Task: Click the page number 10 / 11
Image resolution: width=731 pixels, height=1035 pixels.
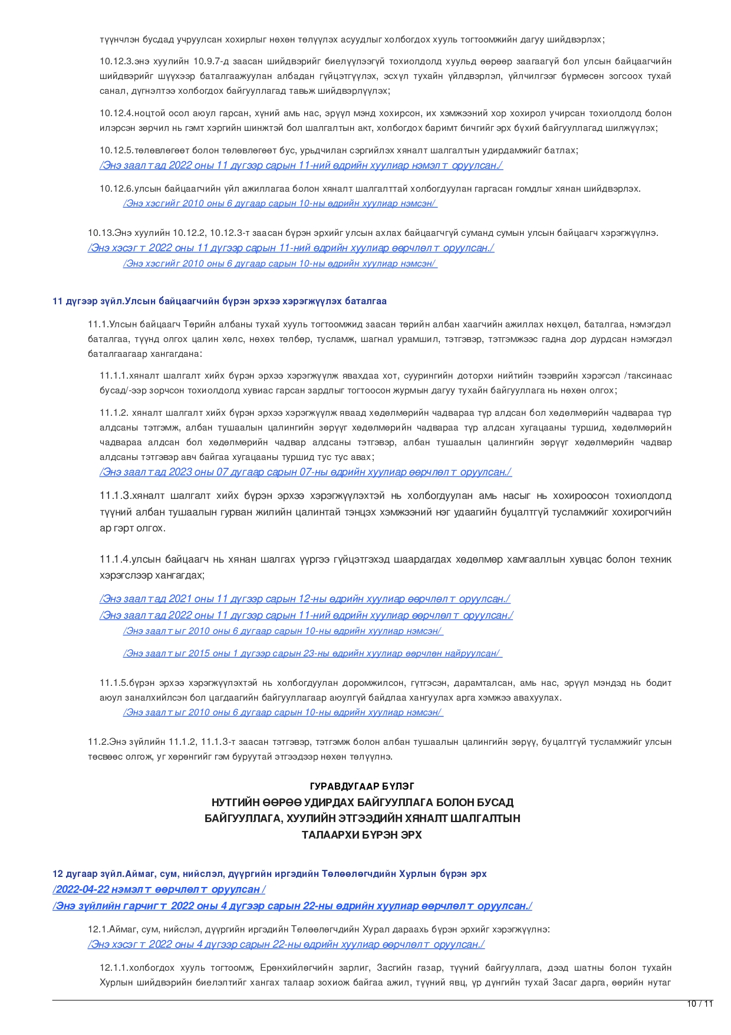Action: pyautogui.click(x=700, y=1004)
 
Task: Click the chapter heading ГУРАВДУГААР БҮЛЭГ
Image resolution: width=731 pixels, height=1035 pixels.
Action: pyautogui.click(x=362, y=786)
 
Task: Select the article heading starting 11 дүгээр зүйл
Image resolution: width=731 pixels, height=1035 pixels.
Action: pyautogui.click(x=219, y=301)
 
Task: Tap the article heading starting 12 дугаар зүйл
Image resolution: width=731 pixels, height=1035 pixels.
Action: pyautogui.click(x=269, y=873)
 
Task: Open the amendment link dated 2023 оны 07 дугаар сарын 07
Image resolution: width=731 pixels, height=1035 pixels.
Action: pyautogui.click(x=305, y=472)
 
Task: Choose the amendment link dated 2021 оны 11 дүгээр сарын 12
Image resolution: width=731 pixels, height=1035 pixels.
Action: pyautogui.click(x=305, y=599)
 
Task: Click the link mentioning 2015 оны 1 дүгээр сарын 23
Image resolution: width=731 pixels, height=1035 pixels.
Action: pyautogui.click(x=312, y=653)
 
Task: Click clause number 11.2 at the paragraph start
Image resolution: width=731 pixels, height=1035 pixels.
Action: pyautogui.click(x=98, y=742)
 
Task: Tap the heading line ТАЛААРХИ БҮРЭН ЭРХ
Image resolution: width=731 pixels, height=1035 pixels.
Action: pyautogui.click(x=362, y=835)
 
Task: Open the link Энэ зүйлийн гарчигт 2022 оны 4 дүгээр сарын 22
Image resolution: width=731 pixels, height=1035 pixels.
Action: pyautogui.click(x=292, y=906)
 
